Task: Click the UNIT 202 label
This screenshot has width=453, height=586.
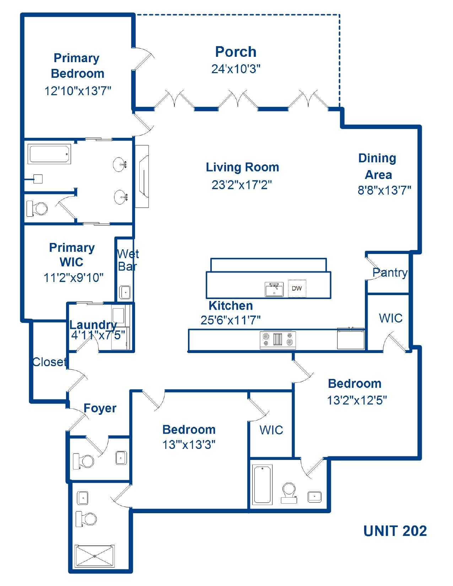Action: pyautogui.click(x=395, y=531)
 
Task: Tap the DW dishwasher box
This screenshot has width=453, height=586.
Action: pyautogui.click(x=297, y=288)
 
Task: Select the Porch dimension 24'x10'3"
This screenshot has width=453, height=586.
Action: pyautogui.click(x=236, y=69)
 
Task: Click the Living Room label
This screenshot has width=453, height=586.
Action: pyautogui.click(x=242, y=167)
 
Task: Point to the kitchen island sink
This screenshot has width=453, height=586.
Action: pyautogui.click(x=274, y=289)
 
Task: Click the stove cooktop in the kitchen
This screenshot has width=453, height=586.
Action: pyautogui.click(x=278, y=339)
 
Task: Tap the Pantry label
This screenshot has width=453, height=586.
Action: pyautogui.click(x=390, y=273)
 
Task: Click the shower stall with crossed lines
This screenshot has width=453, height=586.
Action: pyautogui.click(x=95, y=557)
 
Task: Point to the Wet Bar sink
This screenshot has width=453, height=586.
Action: pyautogui.click(x=125, y=292)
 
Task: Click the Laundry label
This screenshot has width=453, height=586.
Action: pyautogui.click(x=93, y=325)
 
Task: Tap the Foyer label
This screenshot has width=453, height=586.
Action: pyautogui.click(x=100, y=408)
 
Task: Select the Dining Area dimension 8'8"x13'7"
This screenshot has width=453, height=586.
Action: pyautogui.click(x=384, y=191)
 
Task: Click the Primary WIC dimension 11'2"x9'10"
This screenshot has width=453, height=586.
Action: pyautogui.click(x=74, y=278)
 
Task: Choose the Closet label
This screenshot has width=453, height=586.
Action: pyautogui.click(x=49, y=362)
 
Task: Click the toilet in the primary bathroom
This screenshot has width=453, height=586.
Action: pyautogui.click(x=38, y=209)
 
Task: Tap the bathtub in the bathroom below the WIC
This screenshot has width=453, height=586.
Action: pyautogui.click(x=263, y=484)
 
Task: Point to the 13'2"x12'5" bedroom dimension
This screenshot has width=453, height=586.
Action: pyautogui.click(x=357, y=401)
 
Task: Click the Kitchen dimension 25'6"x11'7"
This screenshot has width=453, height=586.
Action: pyautogui.click(x=230, y=320)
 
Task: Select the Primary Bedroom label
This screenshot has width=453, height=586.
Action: pyautogui.click(x=77, y=66)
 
